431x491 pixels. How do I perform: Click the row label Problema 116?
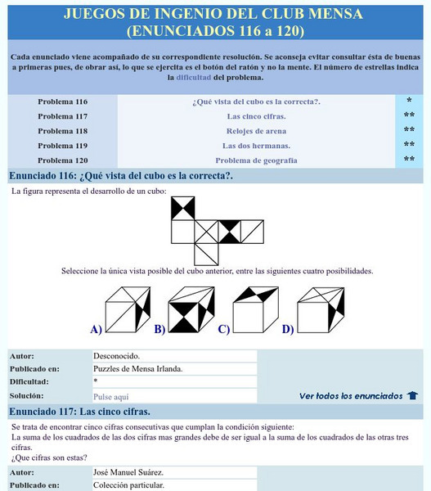coord(62,101)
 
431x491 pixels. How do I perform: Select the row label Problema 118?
coord(62,131)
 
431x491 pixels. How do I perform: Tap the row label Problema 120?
coord(62,160)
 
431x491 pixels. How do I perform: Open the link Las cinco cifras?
coord(256,116)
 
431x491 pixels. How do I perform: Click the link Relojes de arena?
coord(256,131)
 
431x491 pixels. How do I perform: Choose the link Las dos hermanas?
coord(256,146)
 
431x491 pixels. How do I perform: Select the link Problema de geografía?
coord(256,160)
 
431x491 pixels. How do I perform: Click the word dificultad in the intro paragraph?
coord(193,78)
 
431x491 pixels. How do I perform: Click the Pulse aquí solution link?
coord(111,396)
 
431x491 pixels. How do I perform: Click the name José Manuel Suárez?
coord(129,472)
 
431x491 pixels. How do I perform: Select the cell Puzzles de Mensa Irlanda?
coord(138,368)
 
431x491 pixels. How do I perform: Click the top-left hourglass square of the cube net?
coord(182,209)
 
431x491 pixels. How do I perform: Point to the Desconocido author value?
coord(117,356)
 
